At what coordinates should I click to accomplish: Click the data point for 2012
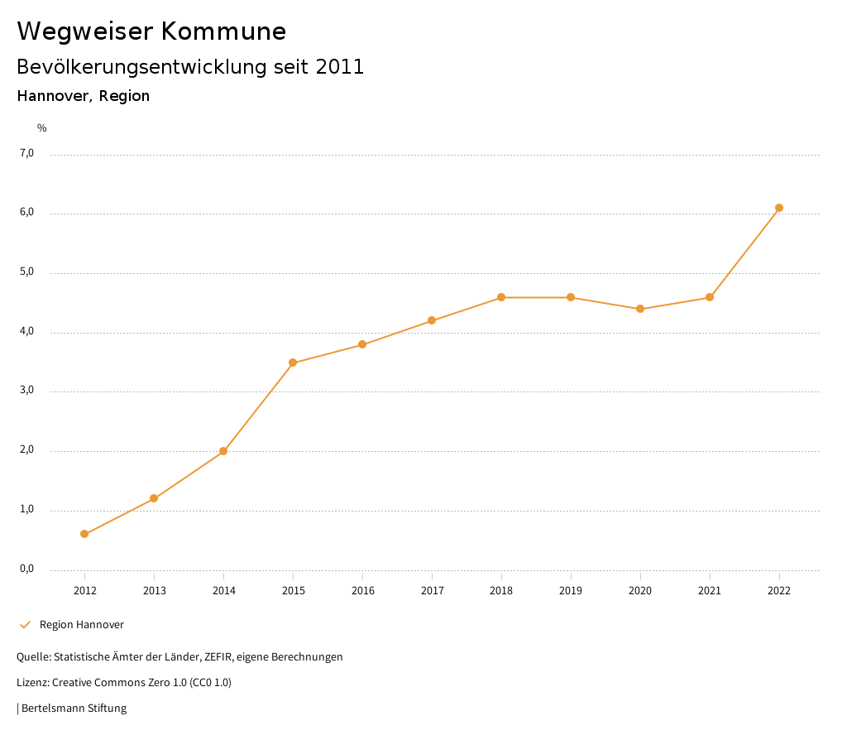(84, 534)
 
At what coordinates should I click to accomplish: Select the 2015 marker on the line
(293, 363)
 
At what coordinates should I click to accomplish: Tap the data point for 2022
(779, 208)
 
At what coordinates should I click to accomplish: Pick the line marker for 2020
(640, 309)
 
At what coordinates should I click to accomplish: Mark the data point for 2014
(223, 451)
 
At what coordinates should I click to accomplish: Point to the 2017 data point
(432, 320)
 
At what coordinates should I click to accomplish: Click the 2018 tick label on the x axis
(501, 591)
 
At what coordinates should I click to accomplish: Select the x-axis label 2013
(154, 591)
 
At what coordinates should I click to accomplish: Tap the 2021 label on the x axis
(710, 591)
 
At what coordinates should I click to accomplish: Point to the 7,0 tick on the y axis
(27, 153)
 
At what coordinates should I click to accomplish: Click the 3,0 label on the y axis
(27, 391)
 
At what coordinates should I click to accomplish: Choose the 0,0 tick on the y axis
(27, 569)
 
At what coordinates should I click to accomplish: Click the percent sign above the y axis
(42, 128)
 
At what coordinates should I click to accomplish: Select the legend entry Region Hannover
(82, 625)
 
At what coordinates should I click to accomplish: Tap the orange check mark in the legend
(25, 625)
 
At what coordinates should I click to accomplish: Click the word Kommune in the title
(223, 31)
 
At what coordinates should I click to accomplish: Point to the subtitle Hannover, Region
(84, 96)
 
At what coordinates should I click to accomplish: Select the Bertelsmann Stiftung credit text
(74, 709)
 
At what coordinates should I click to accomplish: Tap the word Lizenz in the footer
(31, 683)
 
